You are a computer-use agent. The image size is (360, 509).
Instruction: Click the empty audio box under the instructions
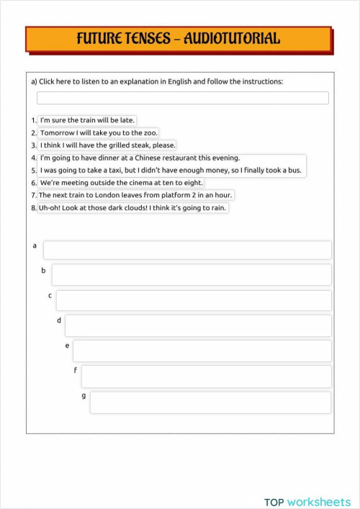(x=182, y=98)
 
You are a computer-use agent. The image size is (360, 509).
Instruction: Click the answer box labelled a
(x=187, y=250)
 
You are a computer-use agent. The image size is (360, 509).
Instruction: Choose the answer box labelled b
(x=192, y=274)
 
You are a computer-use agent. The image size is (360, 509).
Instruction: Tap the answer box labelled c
(x=194, y=300)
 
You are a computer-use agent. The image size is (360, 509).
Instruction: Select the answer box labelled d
(x=198, y=325)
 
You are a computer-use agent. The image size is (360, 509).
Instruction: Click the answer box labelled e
(x=202, y=351)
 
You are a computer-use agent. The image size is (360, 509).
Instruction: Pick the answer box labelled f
(x=206, y=376)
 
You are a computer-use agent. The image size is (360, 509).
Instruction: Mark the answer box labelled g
(x=210, y=402)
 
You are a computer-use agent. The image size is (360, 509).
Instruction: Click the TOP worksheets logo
(x=307, y=482)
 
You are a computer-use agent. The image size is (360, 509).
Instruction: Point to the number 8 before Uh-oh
(x=33, y=208)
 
